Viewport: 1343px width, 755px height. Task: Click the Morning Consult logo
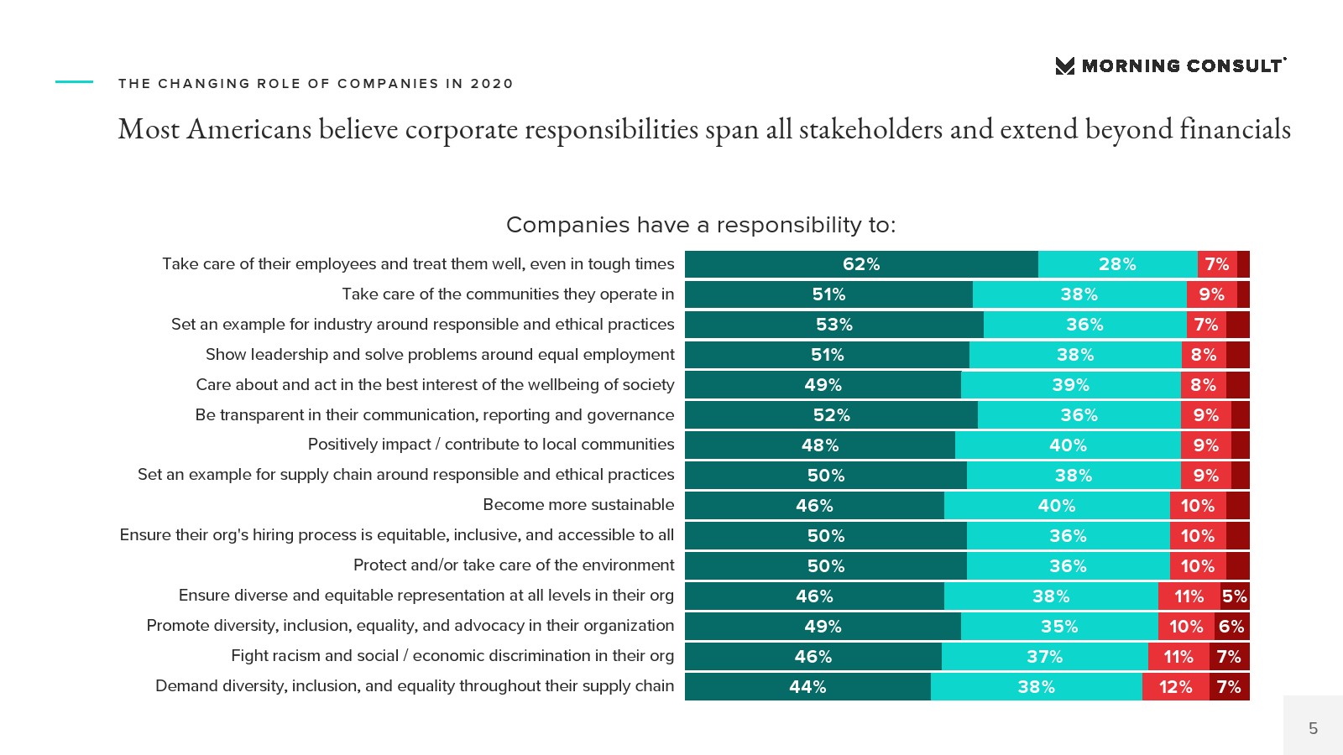tap(1170, 66)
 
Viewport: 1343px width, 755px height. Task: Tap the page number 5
tap(1313, 728)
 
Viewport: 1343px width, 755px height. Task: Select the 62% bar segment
tap(861, 264)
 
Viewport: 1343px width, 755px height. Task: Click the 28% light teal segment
tap(1117, 264)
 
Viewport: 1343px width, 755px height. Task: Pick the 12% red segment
tap(1175, 687)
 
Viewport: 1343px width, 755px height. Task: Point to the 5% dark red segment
tap(1235, 596)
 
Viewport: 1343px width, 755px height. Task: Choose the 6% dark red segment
tap(1231, 627)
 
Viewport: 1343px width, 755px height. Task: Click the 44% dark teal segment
tap(807, 687)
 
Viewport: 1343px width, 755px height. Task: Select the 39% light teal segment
tap(1070, 385)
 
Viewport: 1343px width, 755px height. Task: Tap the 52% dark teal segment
tap(831, 415)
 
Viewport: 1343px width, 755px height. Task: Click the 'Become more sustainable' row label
tap(578, 505)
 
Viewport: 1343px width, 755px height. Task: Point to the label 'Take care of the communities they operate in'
tap(508, 294)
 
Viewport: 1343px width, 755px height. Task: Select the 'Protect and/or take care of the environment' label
tap(514, 565)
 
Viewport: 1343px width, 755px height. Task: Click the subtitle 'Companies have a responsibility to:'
tap(701, 225)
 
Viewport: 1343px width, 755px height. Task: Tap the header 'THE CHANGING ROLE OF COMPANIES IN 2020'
tap(316, 84)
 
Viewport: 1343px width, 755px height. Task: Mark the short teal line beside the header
tap(74, 82)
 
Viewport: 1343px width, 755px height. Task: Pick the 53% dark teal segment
tap(833, 325)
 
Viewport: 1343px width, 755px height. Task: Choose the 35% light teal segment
tap(1059, 627)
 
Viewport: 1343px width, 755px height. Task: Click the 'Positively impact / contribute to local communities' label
tap(491, 445)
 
